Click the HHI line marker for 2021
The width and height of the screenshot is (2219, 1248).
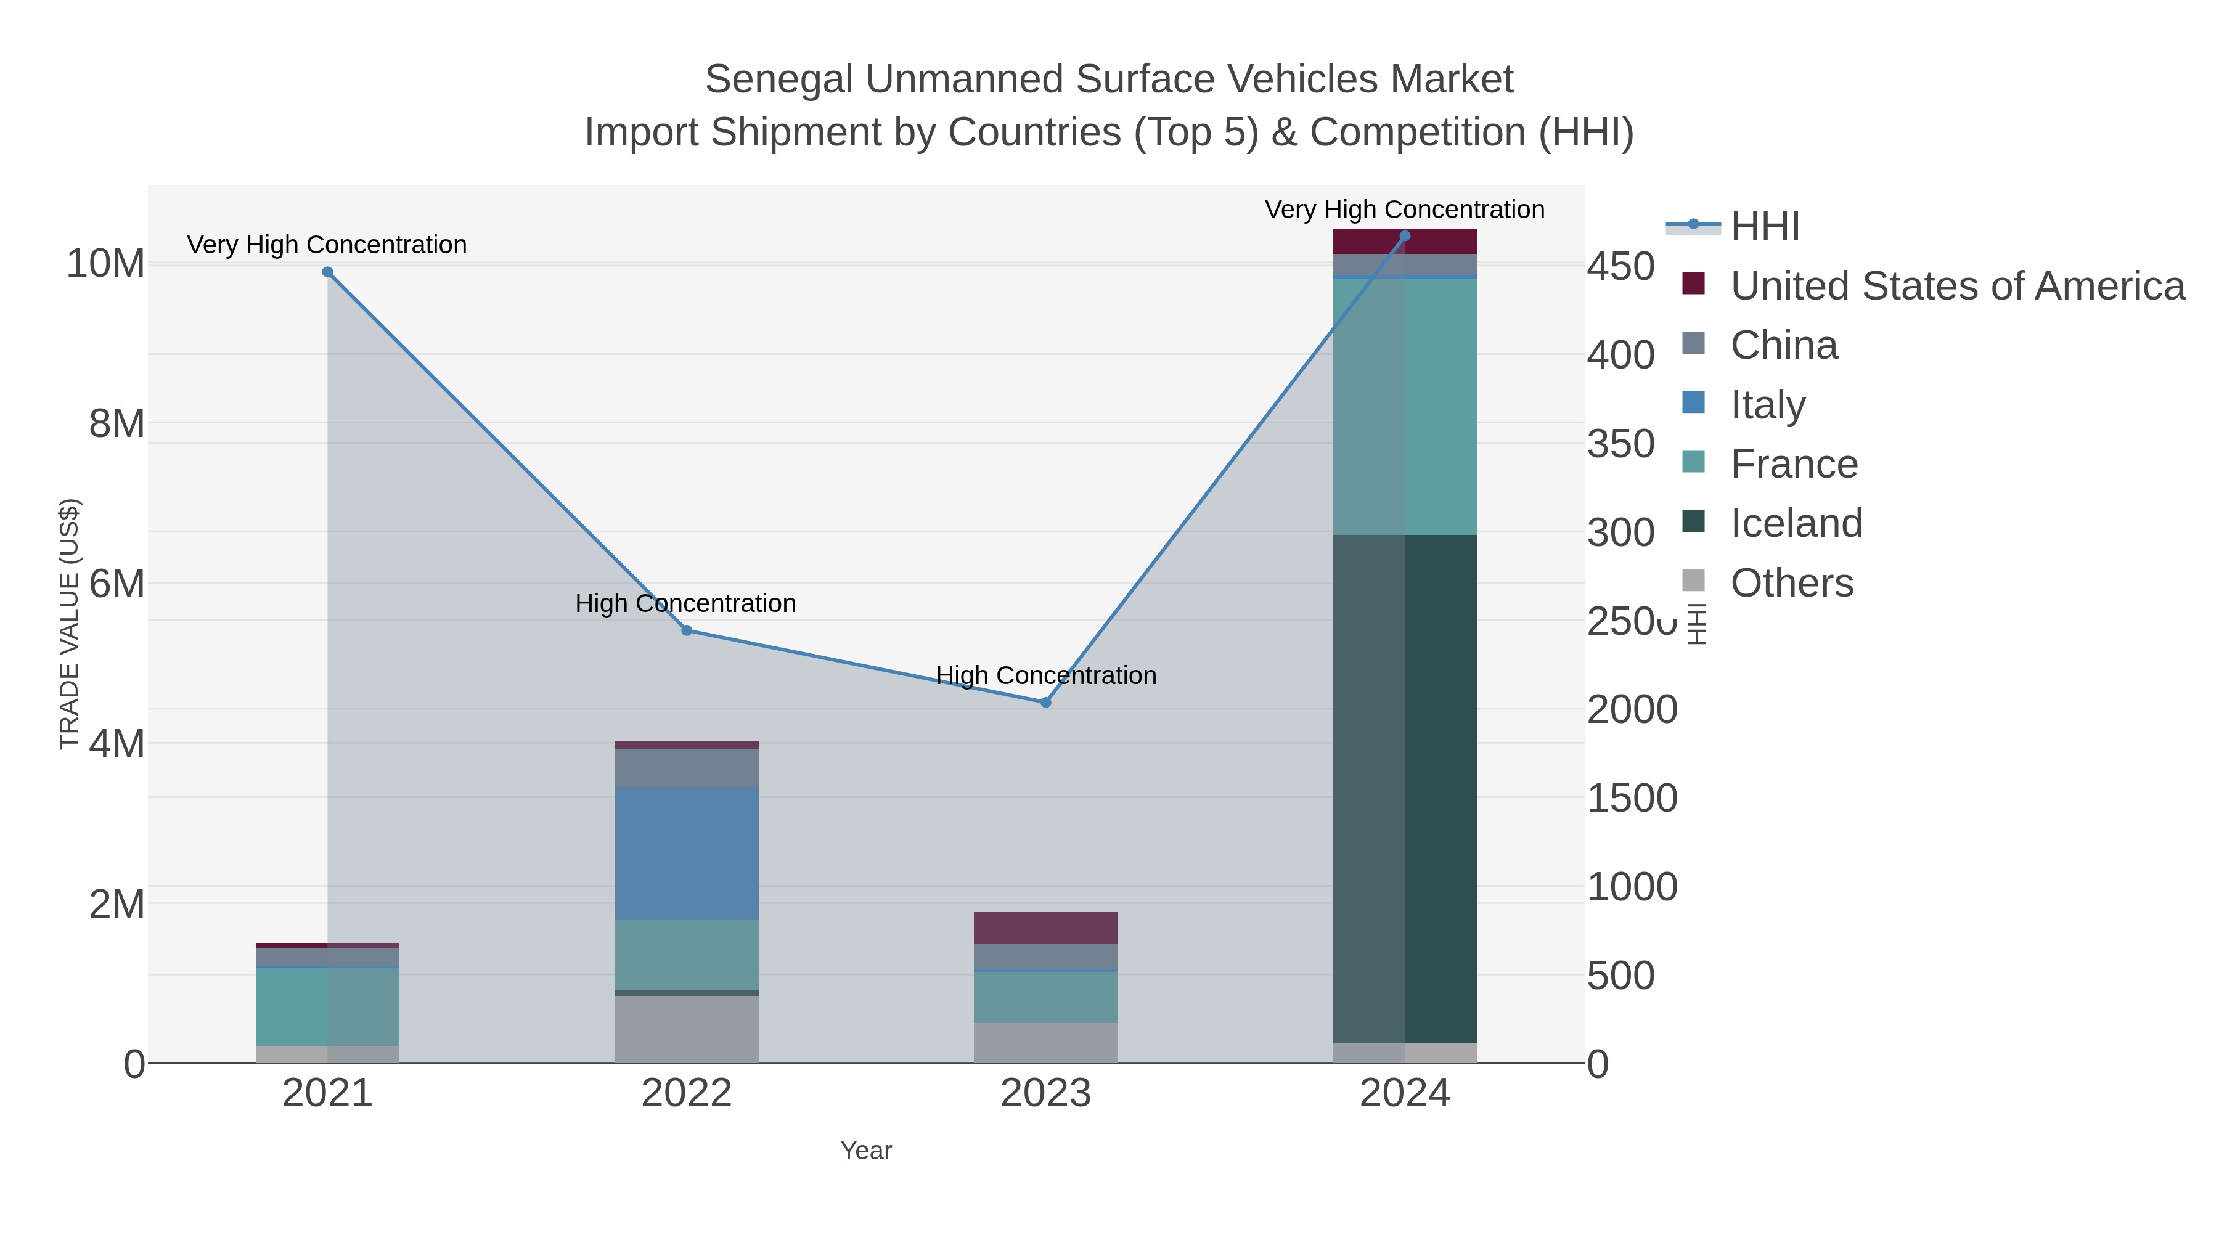(x=327, y=272)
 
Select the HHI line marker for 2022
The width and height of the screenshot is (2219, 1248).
(x=687, y=630)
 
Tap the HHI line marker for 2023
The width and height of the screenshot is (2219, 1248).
(x=1046, y=703)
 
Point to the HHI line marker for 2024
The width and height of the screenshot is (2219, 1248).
(x=1405, y=236)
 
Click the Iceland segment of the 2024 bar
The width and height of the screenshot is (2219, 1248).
(x=1405, y=788)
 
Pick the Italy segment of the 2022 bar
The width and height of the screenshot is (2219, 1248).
(x=687, y=853)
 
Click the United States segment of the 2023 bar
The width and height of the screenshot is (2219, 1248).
(x=1046, y=928)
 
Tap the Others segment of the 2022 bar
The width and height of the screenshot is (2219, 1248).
(x=687, y=1029)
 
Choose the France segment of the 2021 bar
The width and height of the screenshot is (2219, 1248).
(x=327, y=1006)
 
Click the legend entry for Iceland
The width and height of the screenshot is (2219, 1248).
(x=1796, y=524)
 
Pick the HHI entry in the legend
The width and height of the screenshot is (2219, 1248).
(x=1764, y=227)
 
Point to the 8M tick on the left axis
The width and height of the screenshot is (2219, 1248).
(x=116, y=424)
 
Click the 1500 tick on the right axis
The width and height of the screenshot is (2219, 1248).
(x=1632, y=798)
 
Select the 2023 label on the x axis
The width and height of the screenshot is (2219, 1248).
(x=1046, y=1094)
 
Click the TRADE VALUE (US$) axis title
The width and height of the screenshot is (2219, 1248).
(x=69, y=624)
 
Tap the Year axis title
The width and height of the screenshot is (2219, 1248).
(x=866, y=1151)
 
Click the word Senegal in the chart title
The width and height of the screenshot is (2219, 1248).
(x=780, y=80)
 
